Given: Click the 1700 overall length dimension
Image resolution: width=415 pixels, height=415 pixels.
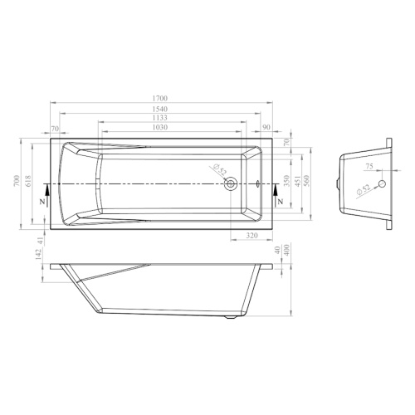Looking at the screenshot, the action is tap(160, 98).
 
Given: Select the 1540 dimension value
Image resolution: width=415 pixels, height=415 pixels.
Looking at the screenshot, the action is tap(160, 109).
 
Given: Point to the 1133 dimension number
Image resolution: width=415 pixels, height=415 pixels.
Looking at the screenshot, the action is tap(160, 118).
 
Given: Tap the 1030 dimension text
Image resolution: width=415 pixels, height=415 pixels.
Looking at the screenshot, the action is tap(160, 127).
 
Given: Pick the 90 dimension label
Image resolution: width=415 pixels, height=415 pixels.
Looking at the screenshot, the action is tap(266, 127).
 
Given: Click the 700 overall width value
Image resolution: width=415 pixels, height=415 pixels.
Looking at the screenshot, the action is tap(17, 180).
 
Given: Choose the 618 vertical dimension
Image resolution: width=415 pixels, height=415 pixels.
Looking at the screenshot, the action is tap(29, 181).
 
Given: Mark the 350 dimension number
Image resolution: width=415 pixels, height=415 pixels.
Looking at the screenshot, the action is tap(286, 181).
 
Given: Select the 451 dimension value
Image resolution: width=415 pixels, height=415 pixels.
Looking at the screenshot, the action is tap(297, 181).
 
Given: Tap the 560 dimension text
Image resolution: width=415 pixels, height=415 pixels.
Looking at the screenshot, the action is tap(306, 181).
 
